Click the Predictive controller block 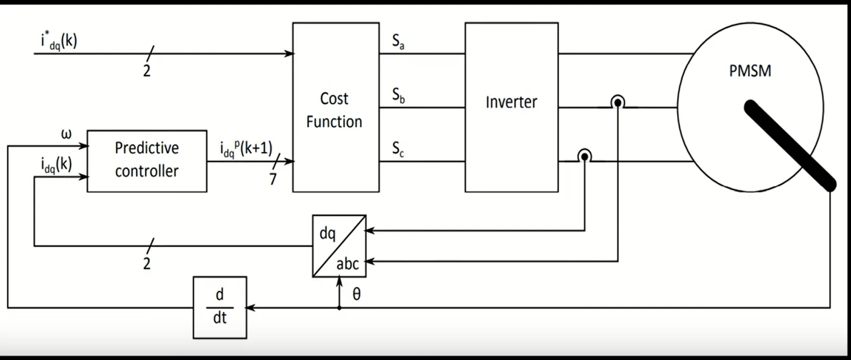[x=147, y=161]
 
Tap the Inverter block [x=511, y=107]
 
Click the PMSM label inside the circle [x=750, y=71]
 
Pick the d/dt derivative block [x=219, y=307]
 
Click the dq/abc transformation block [x=339, y=246]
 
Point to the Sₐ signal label [x=398, y=41]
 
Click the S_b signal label [x=398, y=95]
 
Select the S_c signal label [x=398, y=149]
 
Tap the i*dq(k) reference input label [x=59, y=41]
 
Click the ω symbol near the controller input [x=67, y=134]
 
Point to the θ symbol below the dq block [x=357, y=294]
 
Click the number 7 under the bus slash [x=273, y=178]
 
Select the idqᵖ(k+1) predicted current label [x=246, y=149]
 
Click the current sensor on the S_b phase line [x=618, y=103]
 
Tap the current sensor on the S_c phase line [x=584, y=156]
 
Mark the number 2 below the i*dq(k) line [x=147, y=71]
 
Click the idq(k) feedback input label [x=56, y=165]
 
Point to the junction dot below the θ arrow [x=339, y=308]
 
